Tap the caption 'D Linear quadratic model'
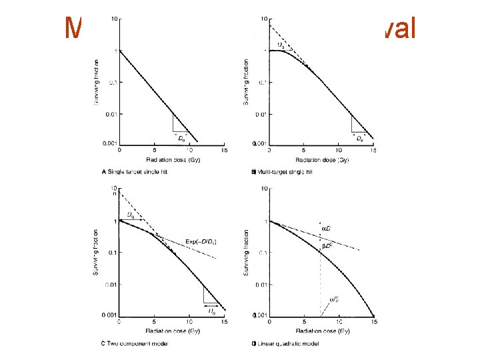[x=284, y=343]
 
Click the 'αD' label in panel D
[x=326, y=229]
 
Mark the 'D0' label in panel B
[x=359, y=138]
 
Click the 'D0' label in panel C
[x=211, y=311]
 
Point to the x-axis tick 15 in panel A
[x=224, y=150]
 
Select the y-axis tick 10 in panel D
[x=263, y=189]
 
